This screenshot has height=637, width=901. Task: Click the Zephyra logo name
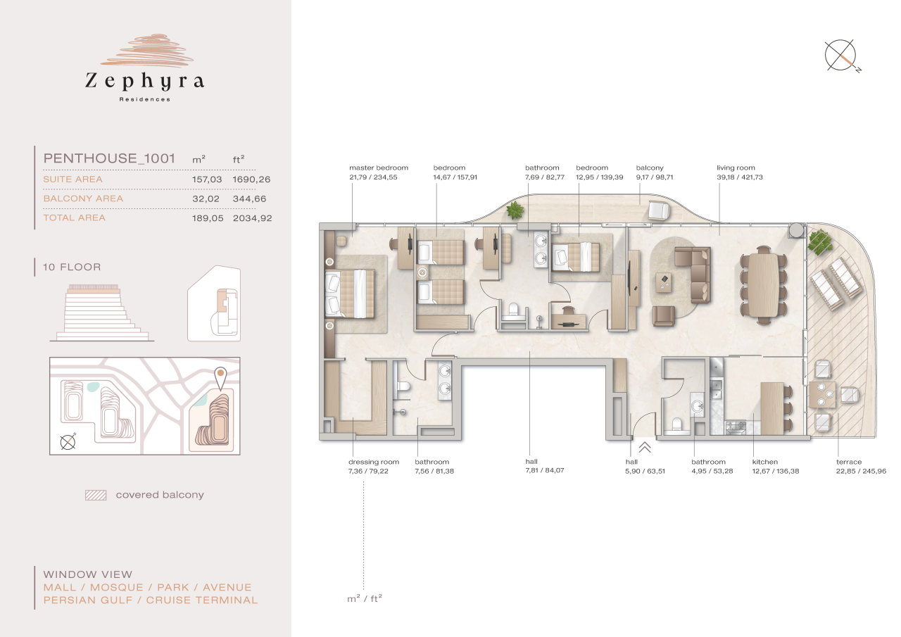click(x=144, y=81)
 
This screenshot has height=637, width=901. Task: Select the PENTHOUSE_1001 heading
click(x=109, y=158)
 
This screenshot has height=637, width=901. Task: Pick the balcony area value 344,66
click(x=251, y=198)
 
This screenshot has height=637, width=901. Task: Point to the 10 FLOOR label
click(x=72, y=267)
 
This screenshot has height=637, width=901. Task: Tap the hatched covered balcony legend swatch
click(x=96, y=495)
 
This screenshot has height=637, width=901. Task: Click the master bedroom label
click(x=379, y=168)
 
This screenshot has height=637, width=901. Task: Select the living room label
click(x=736, y=168)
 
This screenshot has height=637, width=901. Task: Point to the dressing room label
click(x=374, y=462)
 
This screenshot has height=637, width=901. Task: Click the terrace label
click(x=849, y=462)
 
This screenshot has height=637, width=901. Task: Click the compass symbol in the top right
click(x=842, y=57)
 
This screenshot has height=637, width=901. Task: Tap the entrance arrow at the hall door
click(x=645, y=446)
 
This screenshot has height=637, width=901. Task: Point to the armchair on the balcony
click(x=659, y=210)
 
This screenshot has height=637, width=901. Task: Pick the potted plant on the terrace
click(x=818, y=243)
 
